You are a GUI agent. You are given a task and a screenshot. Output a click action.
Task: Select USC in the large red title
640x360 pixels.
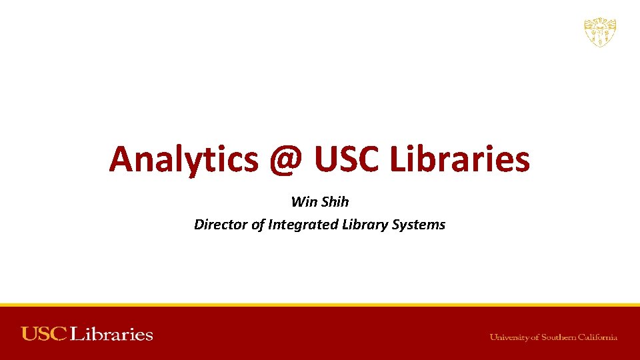[x=345, y=159]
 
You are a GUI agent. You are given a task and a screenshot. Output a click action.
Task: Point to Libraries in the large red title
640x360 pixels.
[x=459, y=159]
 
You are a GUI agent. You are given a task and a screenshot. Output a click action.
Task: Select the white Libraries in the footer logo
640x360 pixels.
[x=111, y=334]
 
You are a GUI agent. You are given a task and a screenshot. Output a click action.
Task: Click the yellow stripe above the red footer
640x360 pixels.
[x=320, y=305]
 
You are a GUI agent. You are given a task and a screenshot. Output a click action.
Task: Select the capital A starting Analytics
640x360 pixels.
[x=123, y=159]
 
